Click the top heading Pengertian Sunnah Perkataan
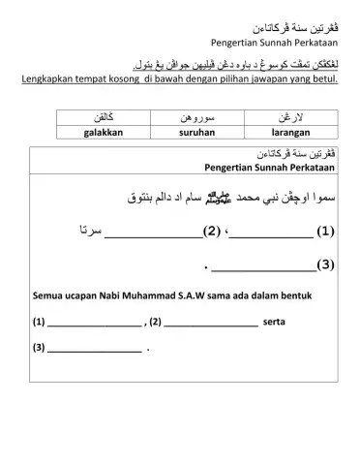click(x=274, y=43)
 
